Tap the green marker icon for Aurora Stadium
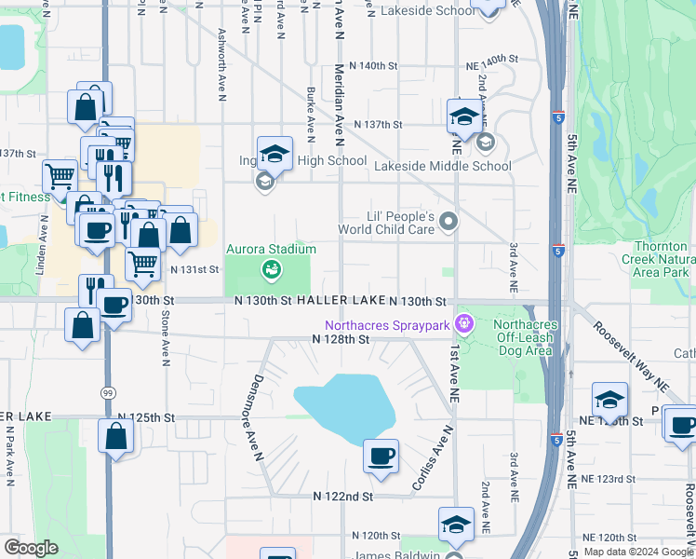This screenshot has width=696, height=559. [272, 270]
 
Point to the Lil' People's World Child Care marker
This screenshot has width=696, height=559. [449, 221]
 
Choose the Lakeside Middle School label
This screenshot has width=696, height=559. [443, 166]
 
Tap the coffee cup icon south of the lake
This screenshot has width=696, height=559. [381, 457]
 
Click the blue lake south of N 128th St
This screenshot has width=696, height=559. [344, 405]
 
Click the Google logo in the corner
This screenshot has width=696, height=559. [31, 548]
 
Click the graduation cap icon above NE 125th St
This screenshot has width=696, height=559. [609, 400]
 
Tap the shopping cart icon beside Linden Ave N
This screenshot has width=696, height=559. [60, 174]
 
